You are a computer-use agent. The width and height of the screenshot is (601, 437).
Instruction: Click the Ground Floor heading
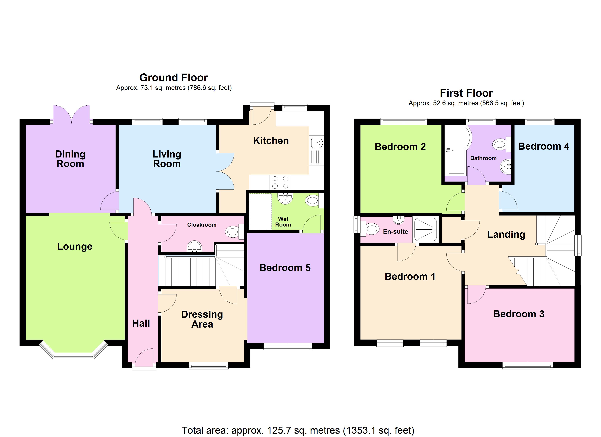(x=174, y=78)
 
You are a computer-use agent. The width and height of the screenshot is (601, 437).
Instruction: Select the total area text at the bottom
(x=298, y=430)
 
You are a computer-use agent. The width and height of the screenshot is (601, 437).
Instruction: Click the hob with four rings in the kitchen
(x=280, y=182)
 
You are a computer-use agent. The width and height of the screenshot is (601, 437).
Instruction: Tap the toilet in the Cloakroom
(x=235, y=232)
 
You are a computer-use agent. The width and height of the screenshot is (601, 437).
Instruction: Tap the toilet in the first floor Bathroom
(x=502, y=144)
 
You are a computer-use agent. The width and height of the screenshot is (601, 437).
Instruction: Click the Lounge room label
(x=75, y=247)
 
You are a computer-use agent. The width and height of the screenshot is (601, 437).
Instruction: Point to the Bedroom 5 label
(x=285, y=268)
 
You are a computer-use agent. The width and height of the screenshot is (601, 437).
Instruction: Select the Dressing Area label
(x=202, y=319)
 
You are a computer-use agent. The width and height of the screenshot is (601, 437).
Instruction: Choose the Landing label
(x=506, y=235)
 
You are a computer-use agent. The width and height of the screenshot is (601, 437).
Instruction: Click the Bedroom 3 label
(x=518, y=314)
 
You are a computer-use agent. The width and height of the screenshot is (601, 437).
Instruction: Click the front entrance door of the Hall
(x=144, y=358)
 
